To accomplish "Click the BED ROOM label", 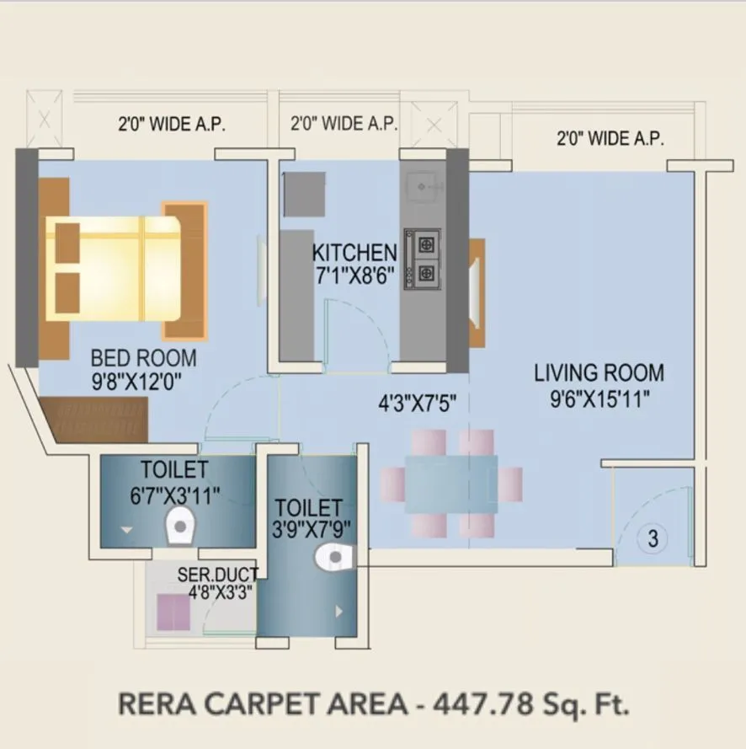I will (143, 356).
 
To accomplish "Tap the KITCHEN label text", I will (354, 252).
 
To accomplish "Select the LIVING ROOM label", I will (599, 372).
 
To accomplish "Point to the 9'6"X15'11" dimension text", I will (599, 399).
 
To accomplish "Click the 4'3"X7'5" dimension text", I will (417, 403).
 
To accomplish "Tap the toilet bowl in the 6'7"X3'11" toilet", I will (179, 527).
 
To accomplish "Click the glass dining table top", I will (451, 484).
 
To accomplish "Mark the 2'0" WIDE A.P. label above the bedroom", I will (172, 125).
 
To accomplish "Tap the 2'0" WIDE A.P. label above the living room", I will (610, 137).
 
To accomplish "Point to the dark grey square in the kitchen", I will (305, 195).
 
